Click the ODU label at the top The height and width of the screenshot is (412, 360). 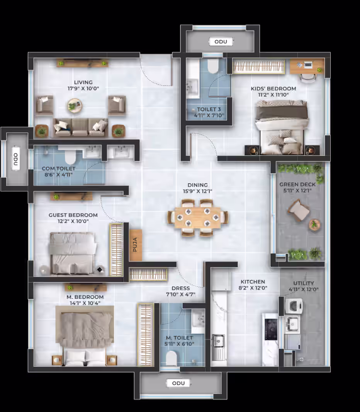click(221, 41)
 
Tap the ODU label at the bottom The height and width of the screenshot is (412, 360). click(178, 383)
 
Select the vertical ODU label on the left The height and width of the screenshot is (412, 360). click(16, 160)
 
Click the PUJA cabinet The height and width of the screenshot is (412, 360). click(136, 245)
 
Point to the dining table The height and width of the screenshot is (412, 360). click(198, 218)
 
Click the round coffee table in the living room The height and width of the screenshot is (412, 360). click(75, 106)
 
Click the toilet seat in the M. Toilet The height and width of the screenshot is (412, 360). click(172, 358)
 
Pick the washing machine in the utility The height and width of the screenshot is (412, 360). click(294, 306)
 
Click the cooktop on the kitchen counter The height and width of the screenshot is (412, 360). click(271, 329)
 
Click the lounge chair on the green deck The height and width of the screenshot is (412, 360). click(299, 210)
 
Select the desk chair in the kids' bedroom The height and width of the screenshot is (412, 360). click(308, 78)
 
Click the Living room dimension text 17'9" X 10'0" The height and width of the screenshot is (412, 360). click(83, 89)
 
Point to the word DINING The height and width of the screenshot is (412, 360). click(197, 185)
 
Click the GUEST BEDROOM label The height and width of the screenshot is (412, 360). click(73, 215)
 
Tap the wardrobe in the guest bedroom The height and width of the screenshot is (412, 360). click(116, 249)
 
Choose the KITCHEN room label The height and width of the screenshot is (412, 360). click(253, 282)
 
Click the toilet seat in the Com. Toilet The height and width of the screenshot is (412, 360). click(70, 157)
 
